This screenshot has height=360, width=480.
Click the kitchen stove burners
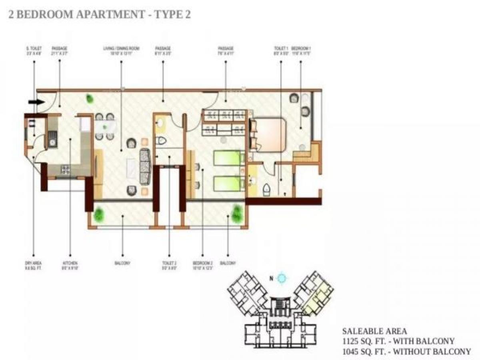click(65, 170)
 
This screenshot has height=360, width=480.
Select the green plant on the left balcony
click(98, 214)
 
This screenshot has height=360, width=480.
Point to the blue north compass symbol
click(282, 278)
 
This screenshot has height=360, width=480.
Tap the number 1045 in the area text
click(351, 352)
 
